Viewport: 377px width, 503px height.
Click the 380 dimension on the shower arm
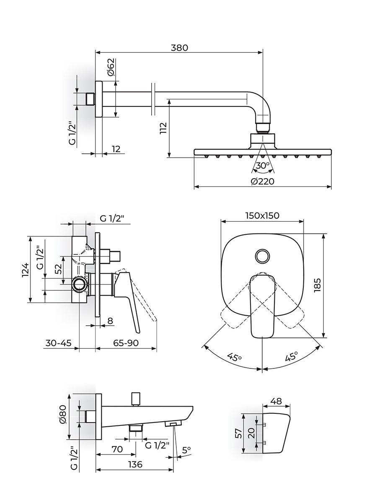[179, 47]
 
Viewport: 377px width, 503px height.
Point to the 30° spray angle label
[263, 166]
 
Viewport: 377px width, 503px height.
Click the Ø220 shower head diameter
[263, 181]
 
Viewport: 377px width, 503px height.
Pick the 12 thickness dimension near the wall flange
[116, 149]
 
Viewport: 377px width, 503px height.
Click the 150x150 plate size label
[262, 215]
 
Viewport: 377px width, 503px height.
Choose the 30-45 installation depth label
[57, 343]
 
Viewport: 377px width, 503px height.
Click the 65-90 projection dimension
[126, 343]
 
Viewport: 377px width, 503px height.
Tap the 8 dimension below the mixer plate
[110, 321]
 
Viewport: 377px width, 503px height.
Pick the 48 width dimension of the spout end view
[276, 401]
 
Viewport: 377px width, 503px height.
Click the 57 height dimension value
[238, 433]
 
